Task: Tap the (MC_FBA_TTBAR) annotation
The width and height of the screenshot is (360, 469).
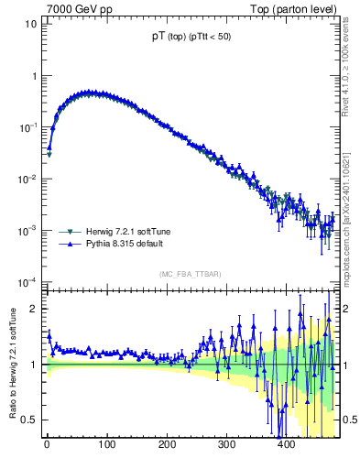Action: (190, 274)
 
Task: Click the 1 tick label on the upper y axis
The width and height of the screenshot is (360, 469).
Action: (33, 76)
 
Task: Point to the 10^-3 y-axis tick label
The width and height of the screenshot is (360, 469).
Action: (27, 229)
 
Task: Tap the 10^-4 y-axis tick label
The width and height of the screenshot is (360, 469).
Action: (27, 280)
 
